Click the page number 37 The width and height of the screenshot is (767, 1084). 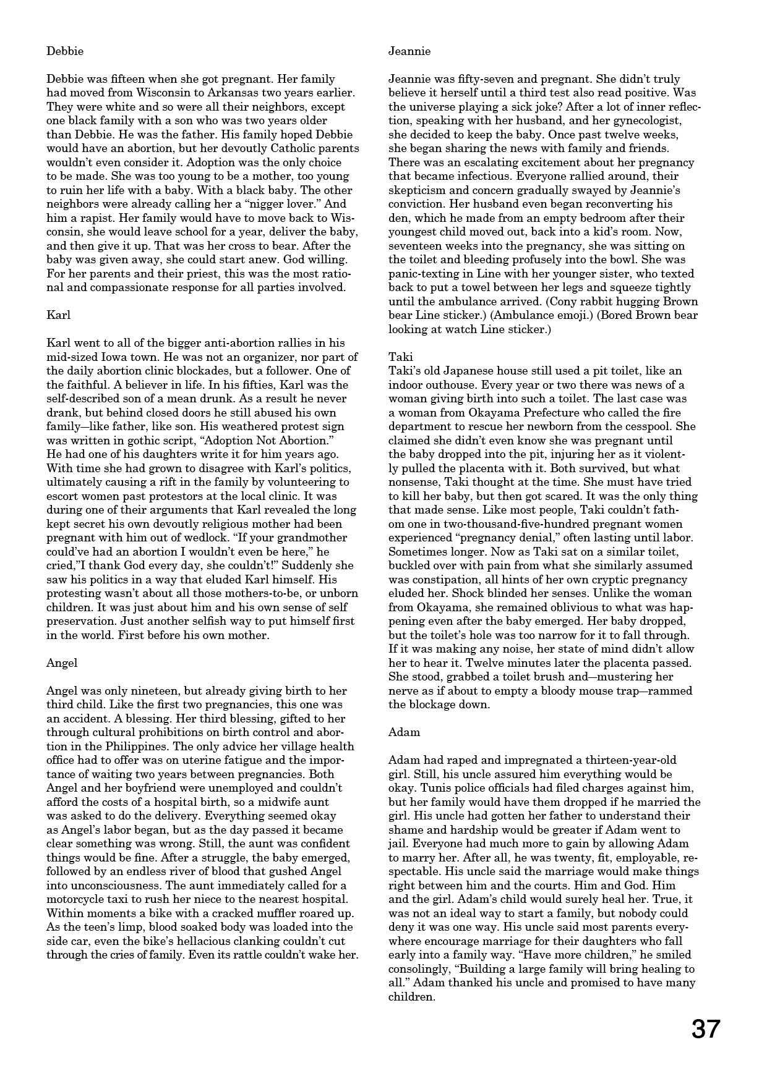[x=706, y=1030]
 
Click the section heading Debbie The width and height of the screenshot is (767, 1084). [x=65, y=51]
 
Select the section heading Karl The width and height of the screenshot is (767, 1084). [x=59, y=315]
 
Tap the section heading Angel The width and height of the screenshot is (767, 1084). [x=62, y=663]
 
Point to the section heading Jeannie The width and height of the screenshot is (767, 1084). [x=409, y=51]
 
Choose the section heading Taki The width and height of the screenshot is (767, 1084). [x=400, y=357]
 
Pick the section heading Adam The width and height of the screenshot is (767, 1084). [x=404, y=732]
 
